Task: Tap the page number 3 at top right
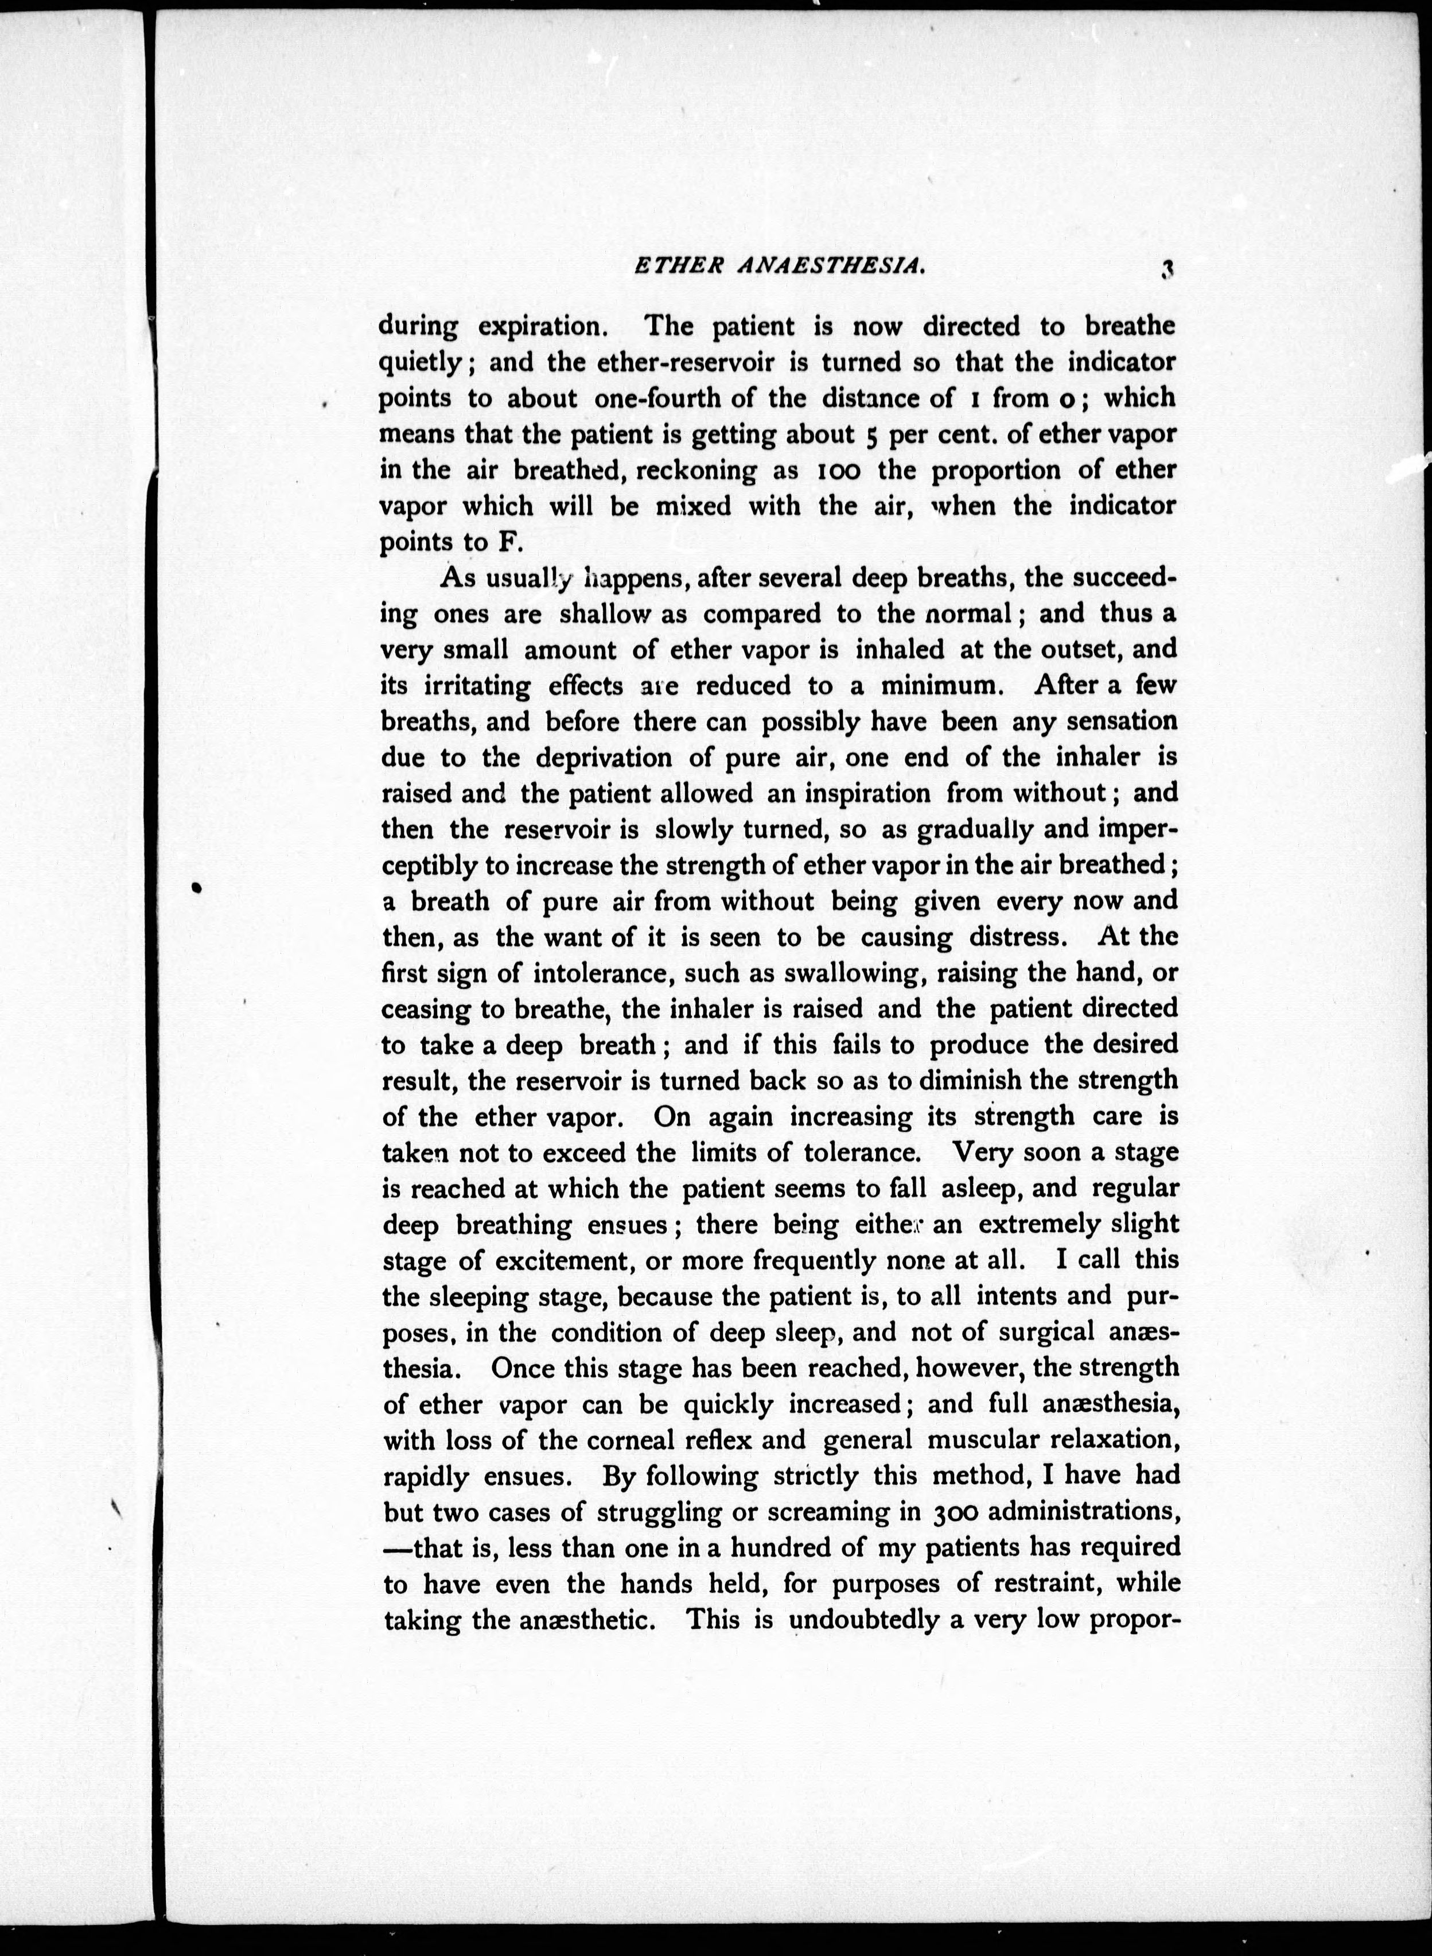tap(1168, 270)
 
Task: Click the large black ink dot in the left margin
tap(196, 887)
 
